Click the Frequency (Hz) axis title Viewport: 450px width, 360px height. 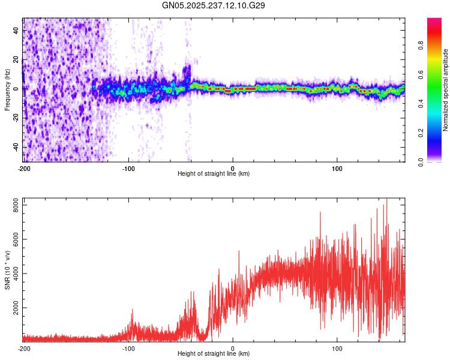[x=7, y=89]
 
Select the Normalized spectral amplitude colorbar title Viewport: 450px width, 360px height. [x=446, y=90]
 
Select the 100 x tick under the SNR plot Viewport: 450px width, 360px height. [x=337, y=348]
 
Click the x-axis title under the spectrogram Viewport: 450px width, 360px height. [x=214, y=173]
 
